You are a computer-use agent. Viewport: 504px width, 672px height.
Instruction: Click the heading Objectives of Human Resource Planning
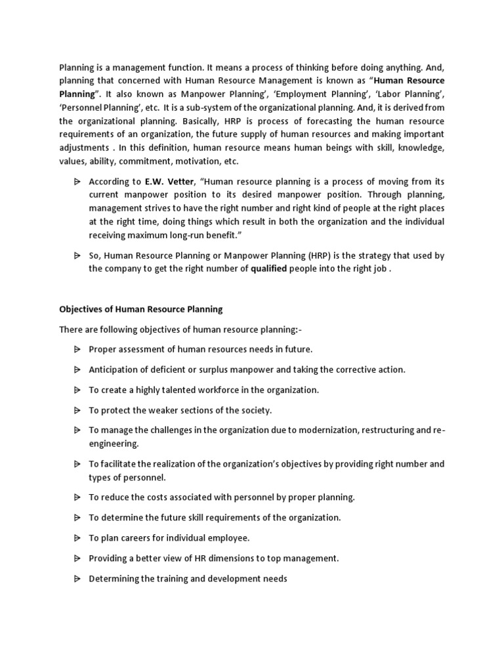(141, 309)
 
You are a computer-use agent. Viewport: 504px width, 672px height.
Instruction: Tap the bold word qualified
(269, 268)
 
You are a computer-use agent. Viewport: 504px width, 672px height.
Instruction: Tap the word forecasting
(308, 121)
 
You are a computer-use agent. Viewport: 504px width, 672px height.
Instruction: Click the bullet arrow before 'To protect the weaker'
(77, 410)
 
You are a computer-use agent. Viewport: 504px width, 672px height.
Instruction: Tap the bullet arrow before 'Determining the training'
(77, 579)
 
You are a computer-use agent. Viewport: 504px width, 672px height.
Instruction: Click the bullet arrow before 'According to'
(77, 181)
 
